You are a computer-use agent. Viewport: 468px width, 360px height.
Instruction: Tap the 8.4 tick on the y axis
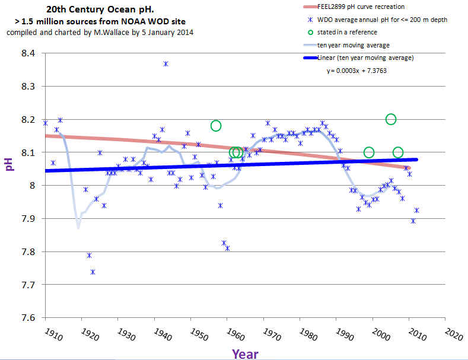27,53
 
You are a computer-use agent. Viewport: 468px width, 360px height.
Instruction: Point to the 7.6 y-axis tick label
27,318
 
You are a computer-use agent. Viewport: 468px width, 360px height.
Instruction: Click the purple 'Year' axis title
244,353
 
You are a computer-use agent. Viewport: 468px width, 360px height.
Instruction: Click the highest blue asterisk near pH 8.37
165,63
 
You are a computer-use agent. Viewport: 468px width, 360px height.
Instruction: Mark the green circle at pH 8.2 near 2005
391,119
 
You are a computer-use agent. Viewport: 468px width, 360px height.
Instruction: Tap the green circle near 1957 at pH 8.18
216,125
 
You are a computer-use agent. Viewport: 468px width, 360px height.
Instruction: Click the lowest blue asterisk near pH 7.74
93,272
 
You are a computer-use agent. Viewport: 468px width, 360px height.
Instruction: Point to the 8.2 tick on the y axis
27,120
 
